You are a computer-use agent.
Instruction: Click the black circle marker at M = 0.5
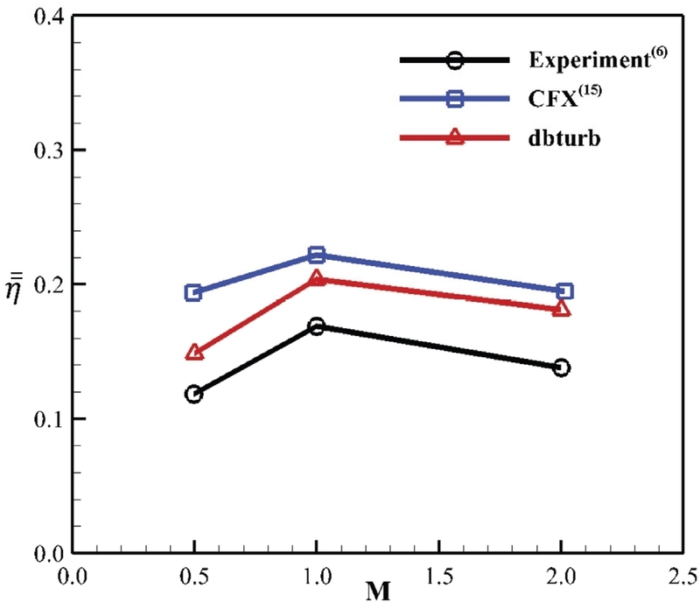pyautogui.click(x=193, y=394)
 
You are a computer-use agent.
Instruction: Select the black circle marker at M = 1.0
pyautogui.click(x=317, y=326)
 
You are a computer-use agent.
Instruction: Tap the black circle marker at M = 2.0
pyautogui.click(x=562, y=367)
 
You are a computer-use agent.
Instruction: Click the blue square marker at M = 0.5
pyautogui.click(x=193, y=292)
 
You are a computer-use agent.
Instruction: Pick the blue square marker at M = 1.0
pyautogui.click(x=317, y=255)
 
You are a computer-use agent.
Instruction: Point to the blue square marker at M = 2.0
pyautogui.click(x=564, y=291)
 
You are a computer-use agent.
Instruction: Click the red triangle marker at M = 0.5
pyautogui.click(x=194, y=353)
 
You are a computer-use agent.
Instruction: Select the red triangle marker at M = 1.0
pyautogui.click(x=317, y=279)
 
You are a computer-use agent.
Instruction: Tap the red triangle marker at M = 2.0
pyautogui.click(x=562, y=309)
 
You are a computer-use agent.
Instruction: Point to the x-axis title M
pyautogui.click(x=378, y=591)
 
